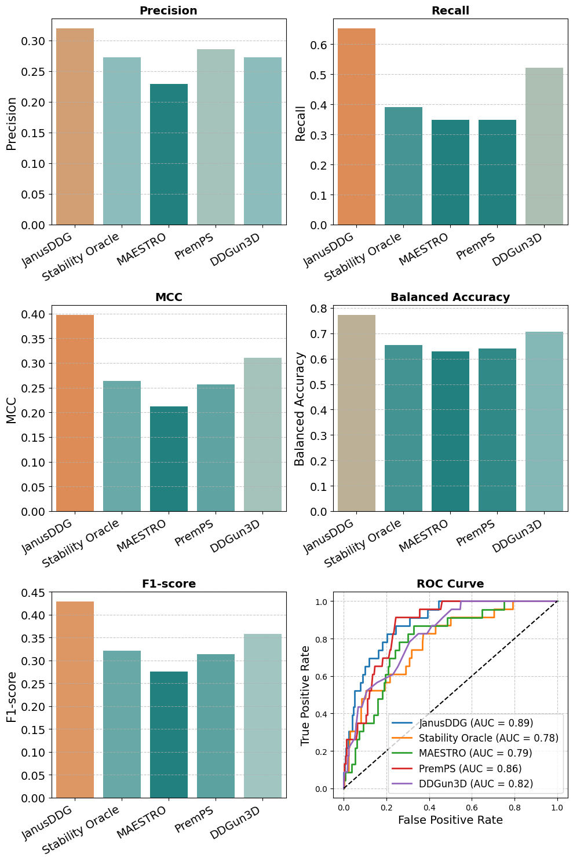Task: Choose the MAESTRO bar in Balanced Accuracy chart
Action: click(450, 431)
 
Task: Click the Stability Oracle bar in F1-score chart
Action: click(122, 724)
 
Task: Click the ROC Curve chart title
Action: click(450, 584)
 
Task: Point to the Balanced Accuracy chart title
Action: click(450, 297)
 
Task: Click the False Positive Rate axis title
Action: click(450, 820)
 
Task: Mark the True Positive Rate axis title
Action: click(305, 695)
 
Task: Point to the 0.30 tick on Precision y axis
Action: click(34, 41)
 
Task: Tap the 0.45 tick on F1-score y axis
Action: click(34, 592)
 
